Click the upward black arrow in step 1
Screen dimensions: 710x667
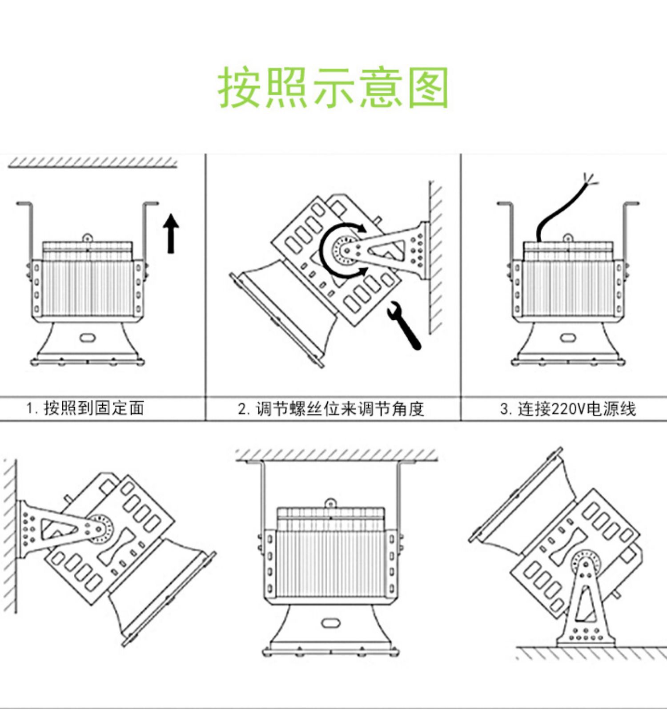click(x=171, y=234)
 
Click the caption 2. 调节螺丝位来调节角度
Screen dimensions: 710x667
click(x=331, y=408)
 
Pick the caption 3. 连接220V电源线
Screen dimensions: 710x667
click(x=568, y=408)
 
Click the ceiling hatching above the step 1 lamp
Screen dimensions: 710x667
click(x=92, y=163)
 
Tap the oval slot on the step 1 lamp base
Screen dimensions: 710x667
click(x=88, y=337)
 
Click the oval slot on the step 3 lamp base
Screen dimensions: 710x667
click(x=567, y=338)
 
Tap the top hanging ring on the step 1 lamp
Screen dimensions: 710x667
click(x=88, y=237)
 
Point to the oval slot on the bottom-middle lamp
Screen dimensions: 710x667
click(x=330, y=622)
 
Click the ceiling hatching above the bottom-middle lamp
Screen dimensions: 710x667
click(x=336, y=455)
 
